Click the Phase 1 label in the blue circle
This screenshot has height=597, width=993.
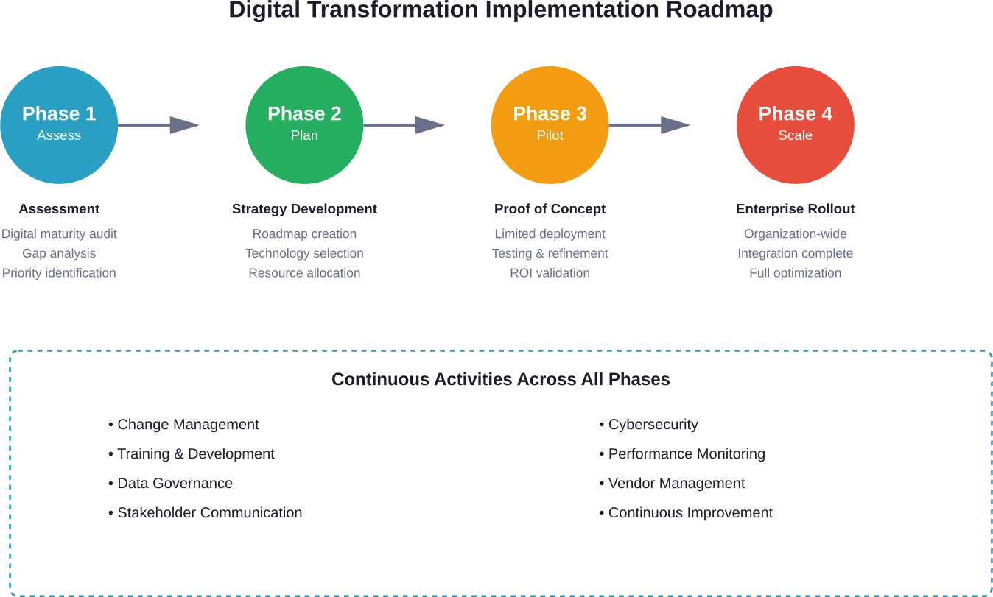(x=59, y=113)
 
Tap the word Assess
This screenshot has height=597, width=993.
(x=59, y=135)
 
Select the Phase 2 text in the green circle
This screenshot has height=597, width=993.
(x=304, y=113)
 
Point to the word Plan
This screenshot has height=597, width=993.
(x=304, y=135)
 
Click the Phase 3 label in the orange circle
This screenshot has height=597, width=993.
(x=550, y=113)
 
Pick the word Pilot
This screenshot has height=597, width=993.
(x=550, y=135)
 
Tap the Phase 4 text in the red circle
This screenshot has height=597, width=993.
(x=796, y=113)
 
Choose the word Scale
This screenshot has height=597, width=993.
(x=796, y=135)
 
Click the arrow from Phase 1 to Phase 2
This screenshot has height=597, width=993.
(x=158, y=124)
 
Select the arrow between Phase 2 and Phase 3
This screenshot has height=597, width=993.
(x=405, y=124)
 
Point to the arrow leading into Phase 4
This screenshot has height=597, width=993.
(x=652, y=124)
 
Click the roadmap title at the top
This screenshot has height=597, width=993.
(x=503, y=10)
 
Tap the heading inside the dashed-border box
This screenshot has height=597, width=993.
(x=501, y=380)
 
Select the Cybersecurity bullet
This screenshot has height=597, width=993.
(x=648, y=425)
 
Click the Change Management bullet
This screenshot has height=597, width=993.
(x=183, y=425)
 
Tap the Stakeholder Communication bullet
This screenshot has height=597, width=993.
(x=206, y=512)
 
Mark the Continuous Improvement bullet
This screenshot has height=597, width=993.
(x=686, y=512)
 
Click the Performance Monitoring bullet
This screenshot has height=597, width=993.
(x=681, y=454)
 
